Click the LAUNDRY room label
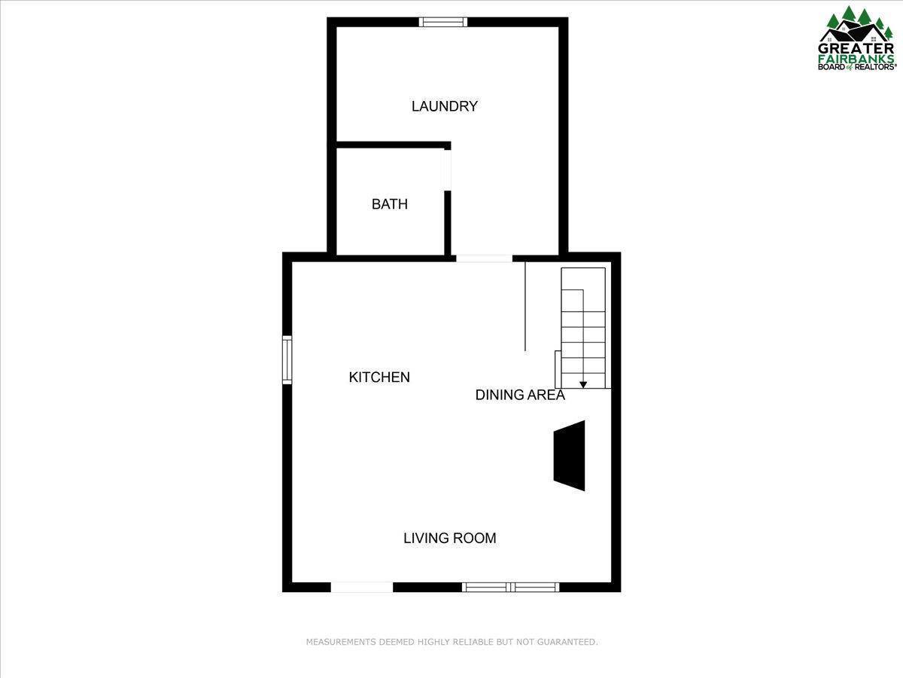(444, 106)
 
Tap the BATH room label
(390, 204)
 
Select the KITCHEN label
(379, 377)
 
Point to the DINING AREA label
(520, 395)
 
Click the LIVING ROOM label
(449, 538)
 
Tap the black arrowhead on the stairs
(583, 385)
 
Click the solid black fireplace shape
(570, 456)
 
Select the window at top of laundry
(443, 22)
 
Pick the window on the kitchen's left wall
(287, 360)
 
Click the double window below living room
(511, 587)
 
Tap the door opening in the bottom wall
(362, 587)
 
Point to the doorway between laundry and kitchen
(484, 258)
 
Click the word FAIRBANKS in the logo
(857, 57)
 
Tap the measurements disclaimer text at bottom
(451, 642)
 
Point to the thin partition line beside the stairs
(525, 306)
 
